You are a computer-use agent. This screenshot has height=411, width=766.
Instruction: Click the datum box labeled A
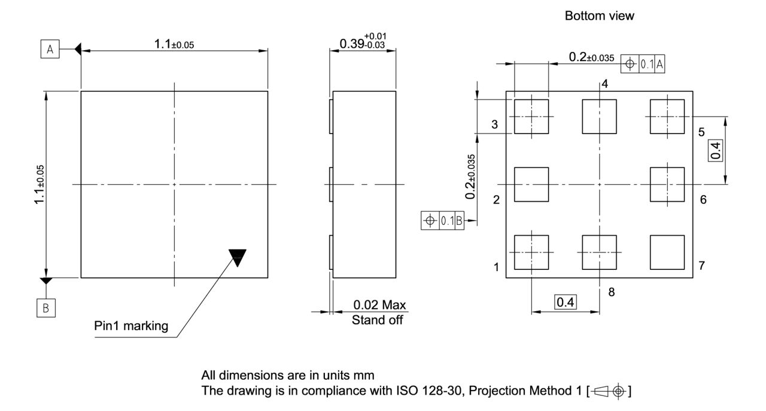click(x=50, y=50)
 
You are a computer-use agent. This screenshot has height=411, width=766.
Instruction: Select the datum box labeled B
click(x=46, y=309)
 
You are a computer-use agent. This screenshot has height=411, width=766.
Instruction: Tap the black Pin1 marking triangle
click(x=238, y=257)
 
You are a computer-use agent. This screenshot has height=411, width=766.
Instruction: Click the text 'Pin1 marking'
click(x=131, y=327)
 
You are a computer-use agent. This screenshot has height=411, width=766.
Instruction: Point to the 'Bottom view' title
click(x=599, y=17)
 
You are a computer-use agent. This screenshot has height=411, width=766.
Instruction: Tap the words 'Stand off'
click(x=377, y=320)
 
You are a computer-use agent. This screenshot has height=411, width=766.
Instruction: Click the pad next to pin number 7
click(x=667, y=252)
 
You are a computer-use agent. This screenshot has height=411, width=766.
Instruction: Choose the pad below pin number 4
click(x=599, y=117)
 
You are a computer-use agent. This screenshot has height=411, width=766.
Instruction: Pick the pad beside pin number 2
click(x=531, y=184)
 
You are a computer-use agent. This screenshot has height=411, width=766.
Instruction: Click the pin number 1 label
click(x=497, y=267)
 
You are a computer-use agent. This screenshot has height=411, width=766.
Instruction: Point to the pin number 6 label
click(x=703, y=200)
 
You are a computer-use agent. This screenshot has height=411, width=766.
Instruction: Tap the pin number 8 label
click(x=611, y=292)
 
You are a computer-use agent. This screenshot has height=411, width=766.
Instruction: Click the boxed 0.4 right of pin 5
click(x=715, y=150)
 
